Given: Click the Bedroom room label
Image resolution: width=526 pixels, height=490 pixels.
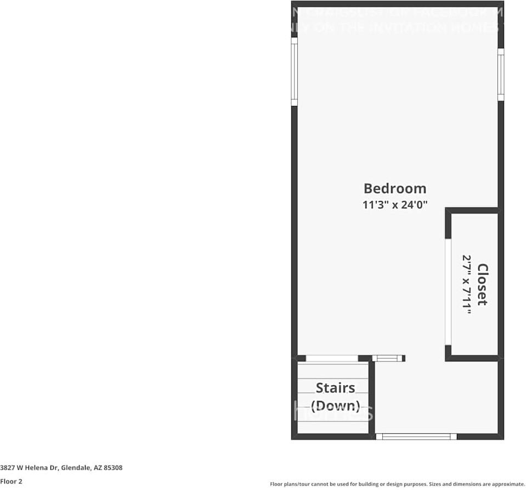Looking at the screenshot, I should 395,188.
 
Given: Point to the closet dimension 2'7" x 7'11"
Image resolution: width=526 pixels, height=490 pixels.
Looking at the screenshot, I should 467,284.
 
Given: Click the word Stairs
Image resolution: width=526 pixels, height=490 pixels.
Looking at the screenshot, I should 335,388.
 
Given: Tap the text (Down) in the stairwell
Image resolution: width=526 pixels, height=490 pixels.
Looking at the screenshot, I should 335,406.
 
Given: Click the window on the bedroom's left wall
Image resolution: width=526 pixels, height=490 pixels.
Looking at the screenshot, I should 295,71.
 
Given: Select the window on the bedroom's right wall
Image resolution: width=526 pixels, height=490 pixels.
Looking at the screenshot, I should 500,74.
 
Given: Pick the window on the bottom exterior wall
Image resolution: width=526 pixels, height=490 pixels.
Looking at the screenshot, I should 416,437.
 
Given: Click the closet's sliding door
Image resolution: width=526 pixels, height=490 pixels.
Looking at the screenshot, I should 448,292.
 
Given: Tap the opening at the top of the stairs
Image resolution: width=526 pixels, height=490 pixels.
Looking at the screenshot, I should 331,359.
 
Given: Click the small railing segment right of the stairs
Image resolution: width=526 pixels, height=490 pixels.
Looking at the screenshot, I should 388,359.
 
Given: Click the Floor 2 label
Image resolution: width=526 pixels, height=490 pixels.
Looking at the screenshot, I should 11,482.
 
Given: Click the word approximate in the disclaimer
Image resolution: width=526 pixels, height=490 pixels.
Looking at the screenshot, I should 506,484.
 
